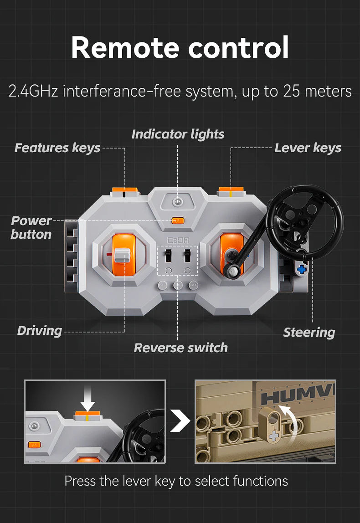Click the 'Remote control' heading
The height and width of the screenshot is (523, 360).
[180, 47]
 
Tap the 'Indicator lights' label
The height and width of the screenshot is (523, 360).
[178, 134]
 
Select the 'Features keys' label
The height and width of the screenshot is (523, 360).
[57, 148]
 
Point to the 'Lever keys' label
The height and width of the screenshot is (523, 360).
[308, 148]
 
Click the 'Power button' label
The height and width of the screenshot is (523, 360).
[31, 227]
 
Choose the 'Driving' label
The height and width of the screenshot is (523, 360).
[40, 331]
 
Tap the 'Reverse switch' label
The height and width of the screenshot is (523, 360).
[181, 348]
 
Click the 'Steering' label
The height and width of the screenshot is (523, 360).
[309, 333]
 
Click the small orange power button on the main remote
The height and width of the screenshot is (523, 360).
[178, 220]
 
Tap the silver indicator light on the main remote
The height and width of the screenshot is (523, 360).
[178, 201]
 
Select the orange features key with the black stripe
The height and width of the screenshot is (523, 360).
[125, 191]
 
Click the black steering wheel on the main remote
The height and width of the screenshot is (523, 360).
[305, 221]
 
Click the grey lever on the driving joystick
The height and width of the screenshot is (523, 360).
[122, 256]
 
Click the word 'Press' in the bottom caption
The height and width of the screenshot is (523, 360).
[80, 481]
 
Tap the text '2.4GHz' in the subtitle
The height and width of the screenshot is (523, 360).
[33, 91]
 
